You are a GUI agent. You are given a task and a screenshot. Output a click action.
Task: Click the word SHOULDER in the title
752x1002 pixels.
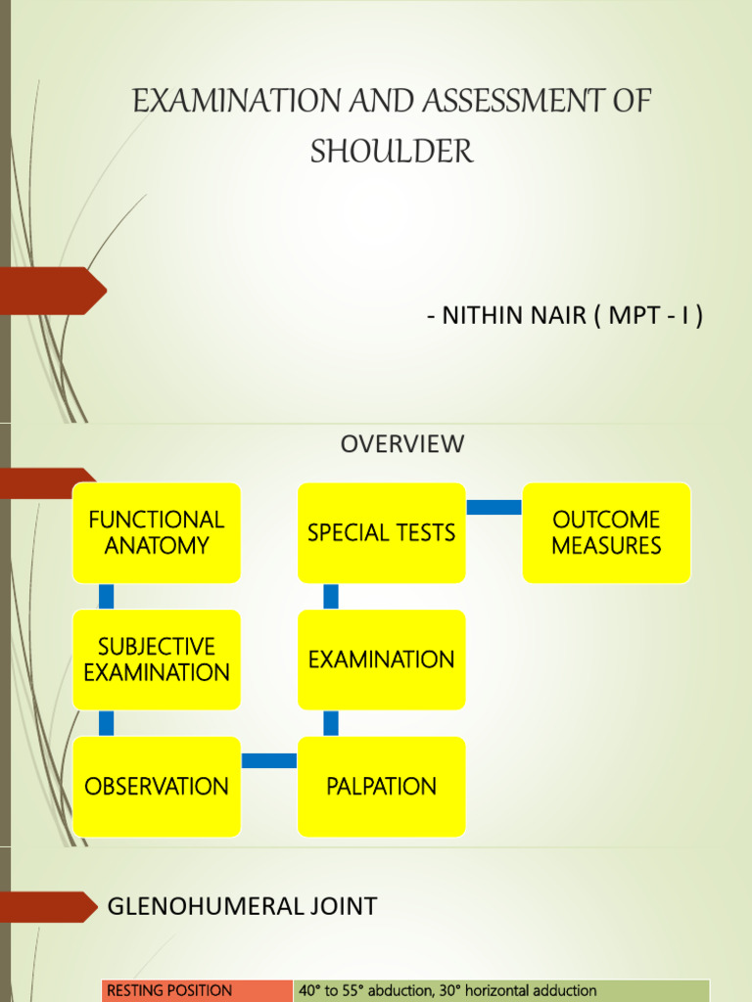392,152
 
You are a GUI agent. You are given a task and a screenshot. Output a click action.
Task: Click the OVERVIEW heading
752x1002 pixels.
401,444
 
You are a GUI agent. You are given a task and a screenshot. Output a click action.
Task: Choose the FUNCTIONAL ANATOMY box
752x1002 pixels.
157,532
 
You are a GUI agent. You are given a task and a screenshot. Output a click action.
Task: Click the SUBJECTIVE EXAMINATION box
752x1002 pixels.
157,660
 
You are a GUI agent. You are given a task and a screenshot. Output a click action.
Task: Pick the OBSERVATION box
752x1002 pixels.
157,787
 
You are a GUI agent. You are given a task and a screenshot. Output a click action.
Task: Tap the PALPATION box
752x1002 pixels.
381,787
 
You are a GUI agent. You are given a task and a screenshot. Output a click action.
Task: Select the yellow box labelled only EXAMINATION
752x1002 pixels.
381,660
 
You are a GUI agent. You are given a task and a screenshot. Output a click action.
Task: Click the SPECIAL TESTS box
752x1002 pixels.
381,532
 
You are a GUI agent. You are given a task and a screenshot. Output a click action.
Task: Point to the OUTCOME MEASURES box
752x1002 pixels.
606,532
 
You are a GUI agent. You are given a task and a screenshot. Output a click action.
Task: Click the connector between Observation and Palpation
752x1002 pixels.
269,760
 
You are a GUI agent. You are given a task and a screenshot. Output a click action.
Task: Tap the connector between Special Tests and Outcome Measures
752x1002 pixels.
493,507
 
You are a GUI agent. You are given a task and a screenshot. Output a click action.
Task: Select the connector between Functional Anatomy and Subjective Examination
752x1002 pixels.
107,596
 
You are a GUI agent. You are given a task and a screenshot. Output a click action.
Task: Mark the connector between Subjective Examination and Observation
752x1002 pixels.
107,723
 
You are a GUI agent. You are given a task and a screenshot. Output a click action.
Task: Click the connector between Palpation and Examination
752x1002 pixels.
331,723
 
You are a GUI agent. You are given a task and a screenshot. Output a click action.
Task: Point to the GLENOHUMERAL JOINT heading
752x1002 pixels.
242,907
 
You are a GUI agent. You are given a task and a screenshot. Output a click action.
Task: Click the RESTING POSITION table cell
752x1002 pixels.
197,990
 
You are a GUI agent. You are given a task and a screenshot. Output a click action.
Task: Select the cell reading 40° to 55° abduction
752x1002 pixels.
500,990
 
